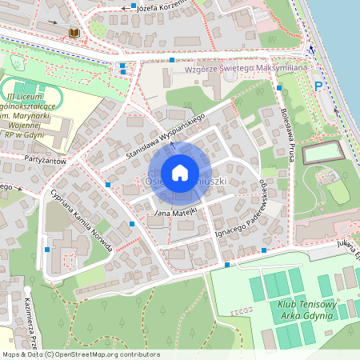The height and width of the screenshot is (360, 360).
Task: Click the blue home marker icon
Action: click(x=180, y=172)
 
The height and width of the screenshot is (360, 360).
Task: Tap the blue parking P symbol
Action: click(x=318, y=86)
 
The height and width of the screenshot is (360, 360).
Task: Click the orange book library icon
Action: click(x=74, y=33)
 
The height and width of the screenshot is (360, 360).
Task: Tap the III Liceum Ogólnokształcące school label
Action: click(x=30, y=117)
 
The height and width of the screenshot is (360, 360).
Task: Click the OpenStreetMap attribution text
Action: click(x=80, y=354)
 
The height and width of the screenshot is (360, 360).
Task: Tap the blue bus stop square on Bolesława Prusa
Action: click(x=279, y=87)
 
